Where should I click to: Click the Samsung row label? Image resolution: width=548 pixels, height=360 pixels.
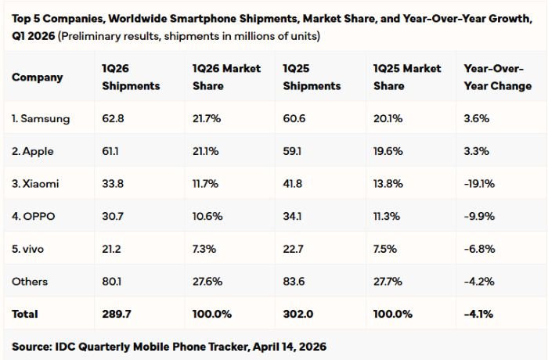(41, 118)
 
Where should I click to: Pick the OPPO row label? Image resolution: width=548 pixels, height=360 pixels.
(34, 216)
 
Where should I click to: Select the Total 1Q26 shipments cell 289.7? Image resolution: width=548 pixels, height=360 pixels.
(116, 314)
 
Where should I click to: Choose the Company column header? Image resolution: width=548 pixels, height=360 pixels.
(38, 77)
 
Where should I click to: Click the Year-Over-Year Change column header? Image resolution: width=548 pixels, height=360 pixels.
(497, 77)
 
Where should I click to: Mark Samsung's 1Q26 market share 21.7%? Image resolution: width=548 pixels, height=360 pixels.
(206, 118)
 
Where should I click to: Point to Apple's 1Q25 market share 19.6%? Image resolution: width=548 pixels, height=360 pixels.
(388, 151)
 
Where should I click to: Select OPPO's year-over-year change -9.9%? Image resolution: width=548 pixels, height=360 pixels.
(476, 216)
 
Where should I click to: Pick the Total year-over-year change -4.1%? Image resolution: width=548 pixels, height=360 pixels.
(477, 314)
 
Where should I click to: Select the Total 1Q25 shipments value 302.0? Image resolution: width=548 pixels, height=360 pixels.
(297, 314)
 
